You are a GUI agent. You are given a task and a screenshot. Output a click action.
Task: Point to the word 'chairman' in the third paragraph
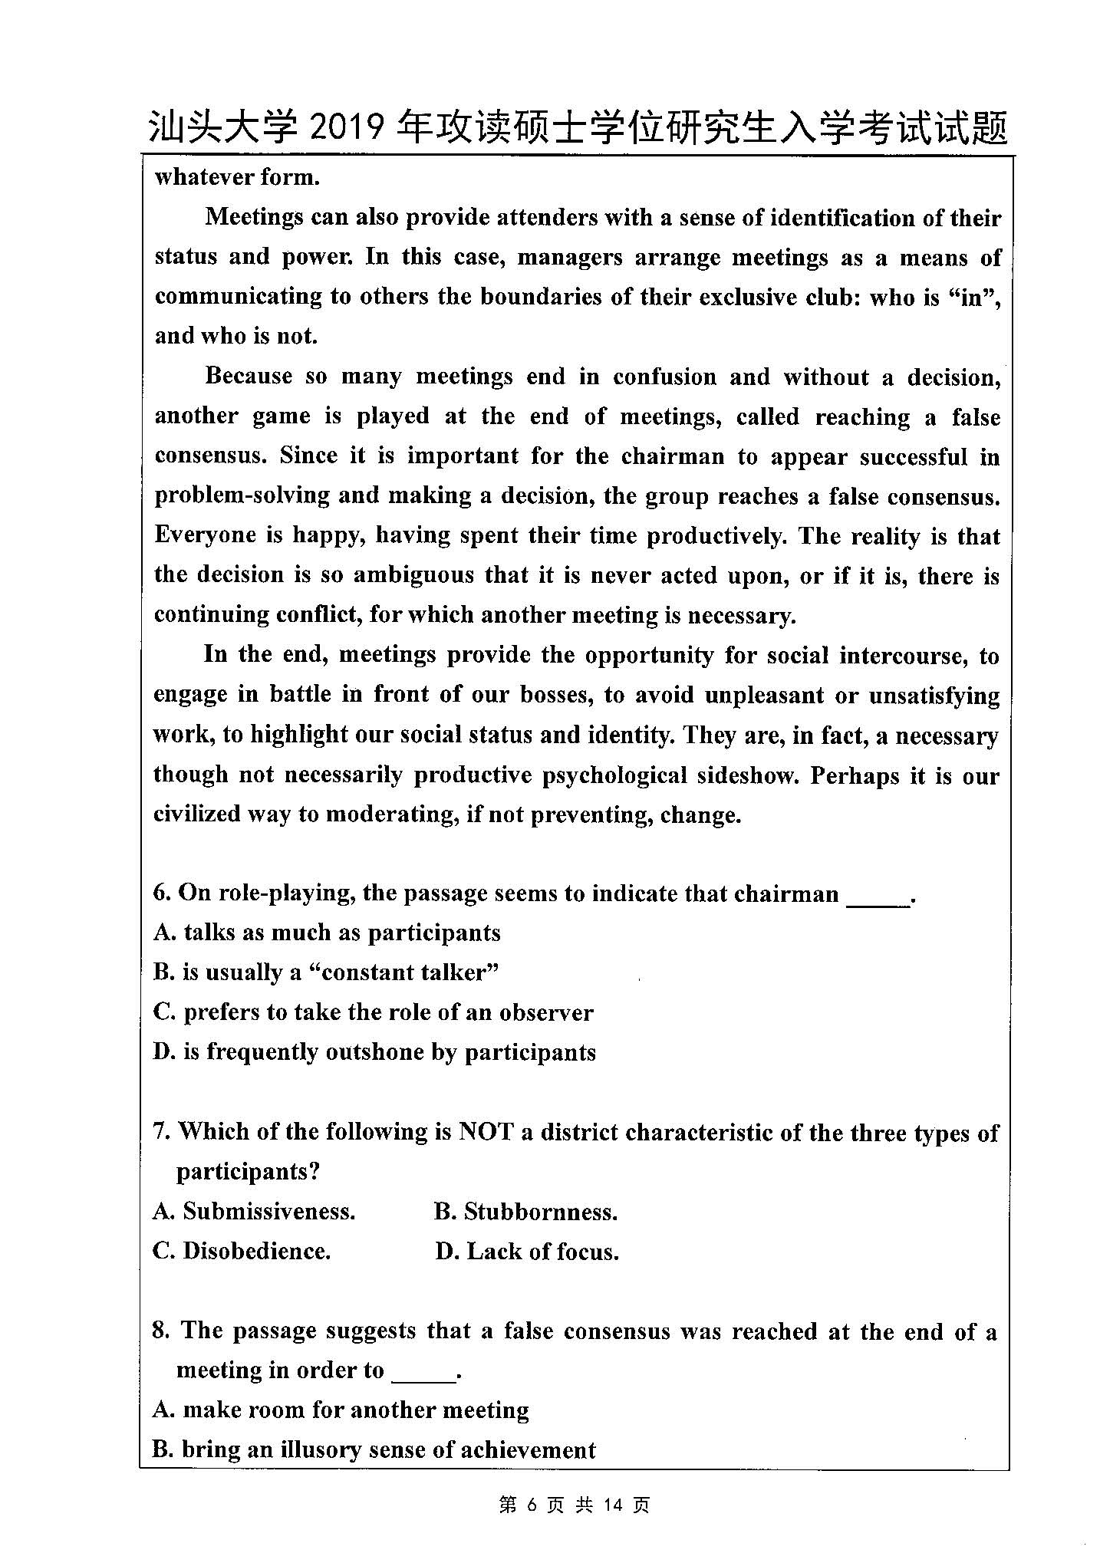[x=672, y=456]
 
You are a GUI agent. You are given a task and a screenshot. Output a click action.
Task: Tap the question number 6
[x=160, y=893]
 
